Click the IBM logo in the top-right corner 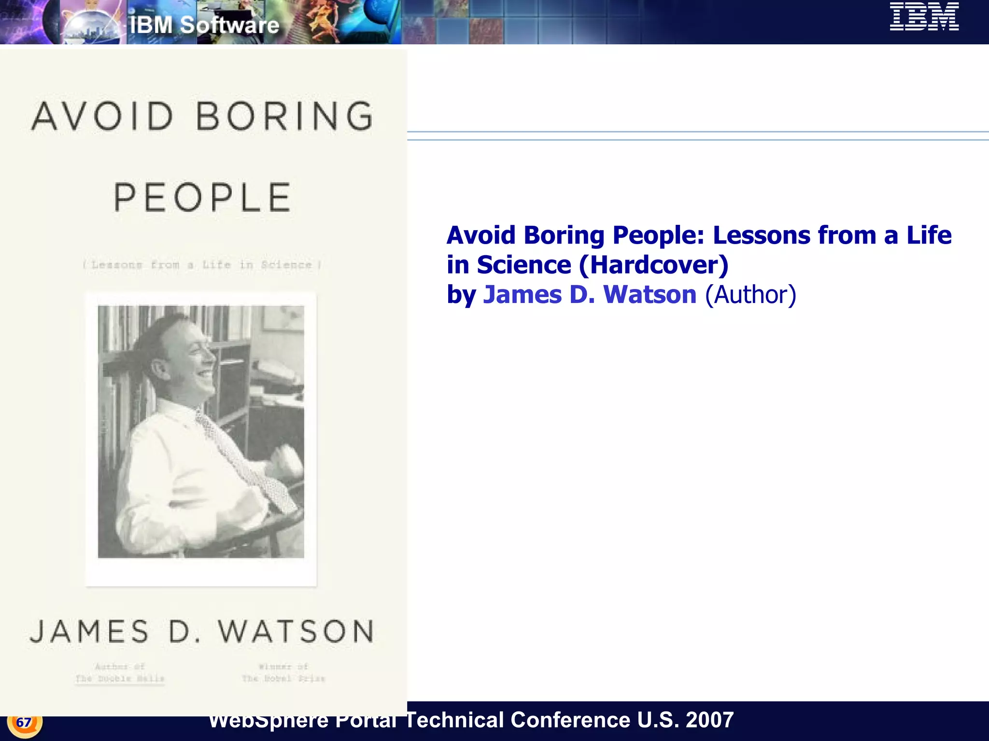[x=924, y=17]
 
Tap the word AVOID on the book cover [x=103, y=116]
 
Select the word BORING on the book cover [x=285, y=116]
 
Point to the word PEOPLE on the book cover [x=202, y=197]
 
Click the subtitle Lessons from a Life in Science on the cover [x=202, y=265]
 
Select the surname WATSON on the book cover [x=296, y=631]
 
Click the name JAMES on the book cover [x=90, y=631]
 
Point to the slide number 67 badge [x=24, y=722]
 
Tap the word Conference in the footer [x=570, y=720]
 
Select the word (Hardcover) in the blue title [x=653, y=265]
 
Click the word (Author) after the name [x=750, y=295]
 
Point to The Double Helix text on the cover [x=120, y=679]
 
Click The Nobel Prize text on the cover [x=283, y=679]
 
